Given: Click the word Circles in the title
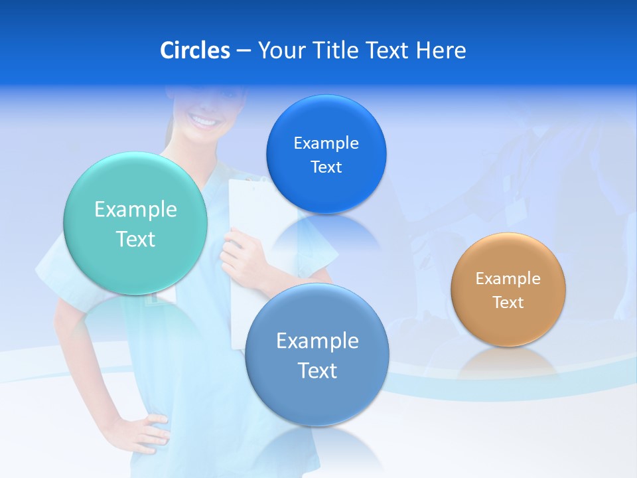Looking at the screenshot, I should pyautogui.click(x=194, y=50).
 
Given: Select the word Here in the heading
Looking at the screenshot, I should pyautogui.click(x=441, y=50).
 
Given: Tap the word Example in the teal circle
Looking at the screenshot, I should pyautogui.click(x=135, y=210).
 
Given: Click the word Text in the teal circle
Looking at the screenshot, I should pyautogui.click(x=135, y=239).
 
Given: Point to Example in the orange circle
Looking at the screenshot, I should pyautogui.click(x=508, y=279).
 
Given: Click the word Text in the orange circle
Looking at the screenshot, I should pyautogui.click(x=508, y=303).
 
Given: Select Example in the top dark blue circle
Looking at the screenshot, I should pyautogui.click(x=326, y=143).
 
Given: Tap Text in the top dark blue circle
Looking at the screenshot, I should pyautogui.click(x=326, y=167).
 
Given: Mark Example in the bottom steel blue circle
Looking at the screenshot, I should pyautogui.click(x=317, y=341).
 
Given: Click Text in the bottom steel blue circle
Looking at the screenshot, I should pyautogui.click(x=317, y=370).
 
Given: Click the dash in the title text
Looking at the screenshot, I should pyautogui.click(x=243, y=51).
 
